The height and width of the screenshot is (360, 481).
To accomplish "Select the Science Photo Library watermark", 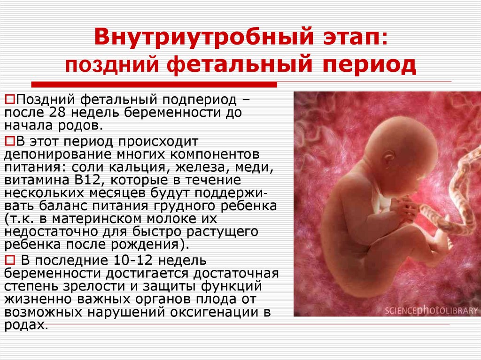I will (x=431, y=310).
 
